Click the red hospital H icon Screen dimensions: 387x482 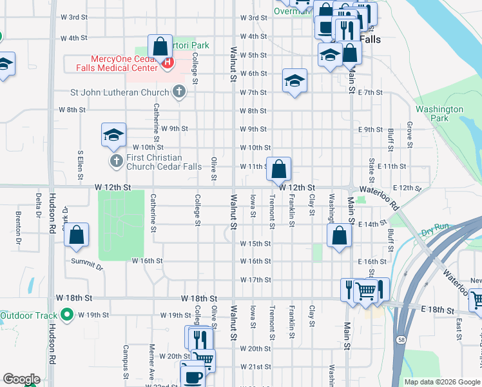[x=168, y=63]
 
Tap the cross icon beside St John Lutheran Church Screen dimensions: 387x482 [x=180, y=92]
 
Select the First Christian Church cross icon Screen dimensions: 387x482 [x=116, y=161]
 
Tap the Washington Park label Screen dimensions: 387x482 [x=439, y=114]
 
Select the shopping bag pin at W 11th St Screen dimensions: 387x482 [x=279, y=170]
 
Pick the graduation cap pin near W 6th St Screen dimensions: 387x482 [x=294, y=81]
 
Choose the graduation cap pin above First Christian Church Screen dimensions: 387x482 [x=113, y=135]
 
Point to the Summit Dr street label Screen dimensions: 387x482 [x=91, y=265]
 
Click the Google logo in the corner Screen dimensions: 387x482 [x=21, y=379]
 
